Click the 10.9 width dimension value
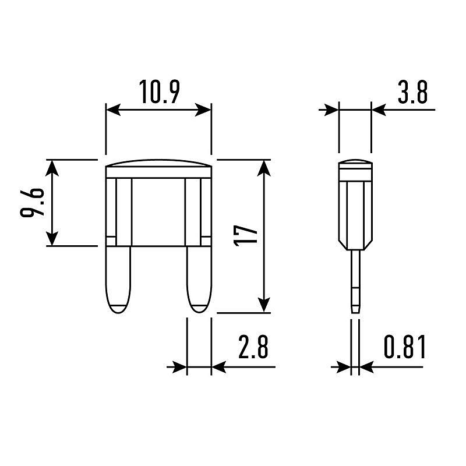tap(159, 91)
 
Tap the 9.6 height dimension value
tap(31, 202)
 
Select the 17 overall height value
tap(245, 235)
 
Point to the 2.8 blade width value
tap(253, 346)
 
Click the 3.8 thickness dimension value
tap(412, 92)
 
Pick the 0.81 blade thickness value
tap(405, 346)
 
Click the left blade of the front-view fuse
tap(118, 280)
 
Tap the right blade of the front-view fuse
tap(199, 280)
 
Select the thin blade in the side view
tap(355, 281)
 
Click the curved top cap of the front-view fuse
tap(159, 163)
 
